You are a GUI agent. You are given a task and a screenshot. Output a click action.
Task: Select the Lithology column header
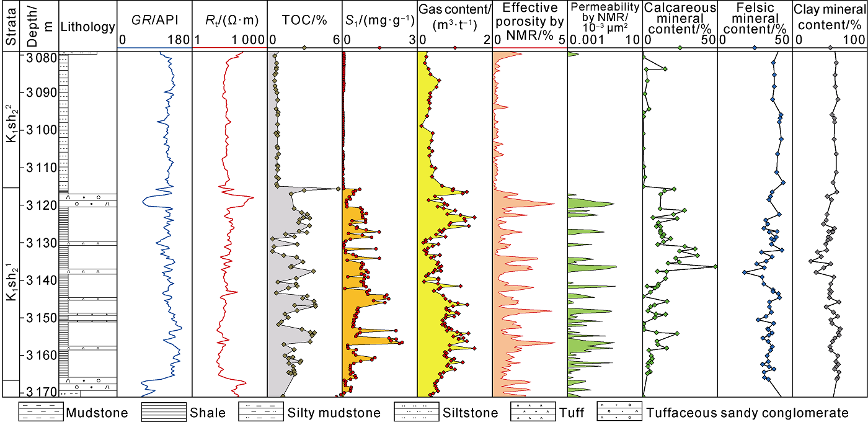coord(87,27)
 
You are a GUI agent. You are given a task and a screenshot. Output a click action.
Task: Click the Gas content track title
coord(454,19)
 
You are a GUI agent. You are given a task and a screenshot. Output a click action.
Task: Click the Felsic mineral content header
coord(755,19)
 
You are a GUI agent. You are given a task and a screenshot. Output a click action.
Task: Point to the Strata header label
coord(11,25)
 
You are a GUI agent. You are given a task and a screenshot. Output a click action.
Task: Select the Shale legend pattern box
coord(164,412)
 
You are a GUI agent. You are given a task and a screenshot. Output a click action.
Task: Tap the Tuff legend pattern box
coord(531,412)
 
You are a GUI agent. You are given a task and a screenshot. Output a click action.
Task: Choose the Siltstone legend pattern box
coord(416,412)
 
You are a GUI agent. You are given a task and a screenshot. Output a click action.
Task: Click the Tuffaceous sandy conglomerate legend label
coord(747,413)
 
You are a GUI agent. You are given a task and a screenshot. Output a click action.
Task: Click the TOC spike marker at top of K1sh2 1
coord(338,189)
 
